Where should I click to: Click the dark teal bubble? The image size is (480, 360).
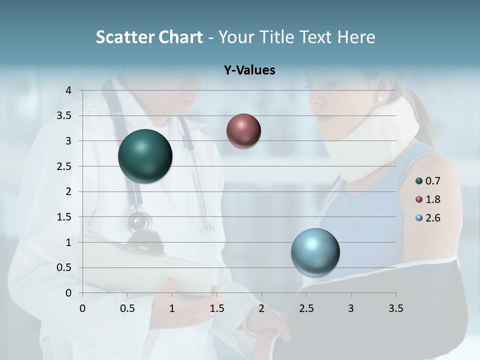pos(145,156)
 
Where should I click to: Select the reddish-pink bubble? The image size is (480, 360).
pos(243,130)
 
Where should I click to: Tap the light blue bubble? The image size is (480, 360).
pos(315,252)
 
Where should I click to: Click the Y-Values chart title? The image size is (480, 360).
pos(249,70)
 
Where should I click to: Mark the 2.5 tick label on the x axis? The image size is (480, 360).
pos(306,308)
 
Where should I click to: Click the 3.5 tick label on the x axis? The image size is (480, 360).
pos(395,308)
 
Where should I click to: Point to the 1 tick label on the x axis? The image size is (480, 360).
pos(172,308)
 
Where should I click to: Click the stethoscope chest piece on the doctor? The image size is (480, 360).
pos(139,221)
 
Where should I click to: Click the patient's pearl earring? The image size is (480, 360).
pos(379,99)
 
